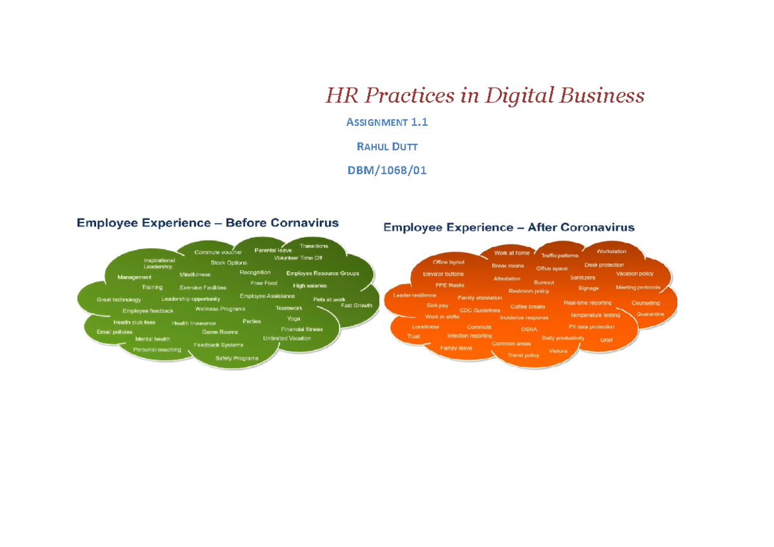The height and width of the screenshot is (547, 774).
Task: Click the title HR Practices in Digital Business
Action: (484, 96)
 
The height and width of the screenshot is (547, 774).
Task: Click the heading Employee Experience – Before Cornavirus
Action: (208, 223)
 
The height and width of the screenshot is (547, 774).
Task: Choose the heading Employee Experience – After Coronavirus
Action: (509, 227)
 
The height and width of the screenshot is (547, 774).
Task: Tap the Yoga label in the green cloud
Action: (293, 319)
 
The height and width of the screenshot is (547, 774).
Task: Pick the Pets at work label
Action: (329, 299)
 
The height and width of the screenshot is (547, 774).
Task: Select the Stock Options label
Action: (229, 263)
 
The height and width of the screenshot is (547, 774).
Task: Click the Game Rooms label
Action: (220, 332)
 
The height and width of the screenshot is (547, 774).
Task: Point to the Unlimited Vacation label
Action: (287, 339)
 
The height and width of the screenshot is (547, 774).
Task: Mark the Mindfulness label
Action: (195, 275)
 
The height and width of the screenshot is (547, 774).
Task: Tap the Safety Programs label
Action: (237, 358)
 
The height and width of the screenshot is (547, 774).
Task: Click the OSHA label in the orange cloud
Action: (529, 329)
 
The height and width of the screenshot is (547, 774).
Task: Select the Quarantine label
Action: (650, 314)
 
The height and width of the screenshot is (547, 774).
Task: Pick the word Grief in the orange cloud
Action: (606, 340)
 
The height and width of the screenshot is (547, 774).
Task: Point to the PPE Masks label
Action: (450, 284)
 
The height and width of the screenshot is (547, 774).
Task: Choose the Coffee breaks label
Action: (528, 306)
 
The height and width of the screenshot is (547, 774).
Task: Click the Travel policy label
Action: (523, 355)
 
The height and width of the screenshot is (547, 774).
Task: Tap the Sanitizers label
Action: (582, 277)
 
